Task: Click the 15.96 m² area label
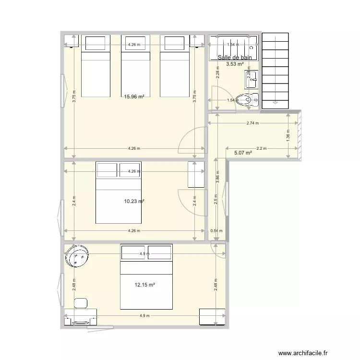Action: coord(134,96)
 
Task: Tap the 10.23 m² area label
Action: coord(134,202)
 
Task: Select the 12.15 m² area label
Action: coord(144,285)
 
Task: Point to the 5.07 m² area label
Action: coord(243,153)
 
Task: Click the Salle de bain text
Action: coord(234,58)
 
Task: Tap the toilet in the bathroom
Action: coord(247,100)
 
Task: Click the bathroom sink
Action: coord(252,80)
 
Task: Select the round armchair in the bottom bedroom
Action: coord(78,256)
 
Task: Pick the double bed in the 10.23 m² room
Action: coord(119,193)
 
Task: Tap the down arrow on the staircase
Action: coord(275,102)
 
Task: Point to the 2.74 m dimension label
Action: coord(252,123)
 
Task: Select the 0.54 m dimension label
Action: coord(216,231)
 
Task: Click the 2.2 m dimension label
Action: coord(261,148)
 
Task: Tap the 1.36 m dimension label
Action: coord(288,135)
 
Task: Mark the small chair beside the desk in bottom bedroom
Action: coord(81,302)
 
